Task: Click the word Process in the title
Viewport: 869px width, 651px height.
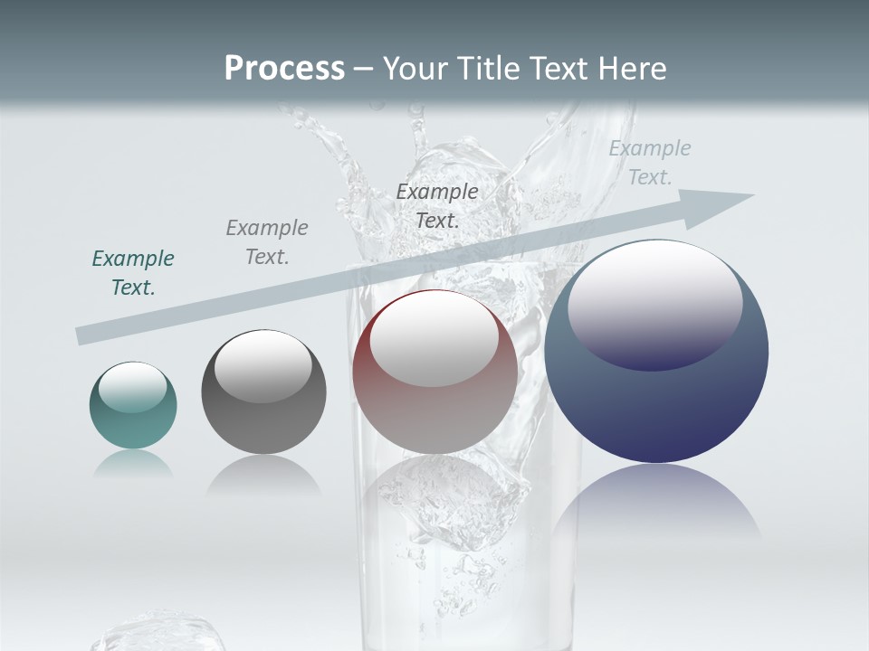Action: (x=284, y=69)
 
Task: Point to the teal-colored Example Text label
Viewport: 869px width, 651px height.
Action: (x=133, y=273)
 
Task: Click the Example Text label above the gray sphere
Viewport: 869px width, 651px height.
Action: (x=267, y=242)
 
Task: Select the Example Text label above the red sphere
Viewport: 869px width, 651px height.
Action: (x=437, y=206)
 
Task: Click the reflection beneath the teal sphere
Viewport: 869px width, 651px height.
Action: (x=133, y=464)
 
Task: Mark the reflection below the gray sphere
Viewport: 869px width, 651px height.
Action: (x=263, y=475)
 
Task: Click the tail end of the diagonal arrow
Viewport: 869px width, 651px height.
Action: (x=86, y=335)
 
